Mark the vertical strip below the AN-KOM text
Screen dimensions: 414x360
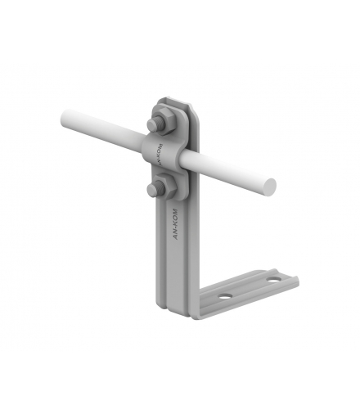coord(182,270)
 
